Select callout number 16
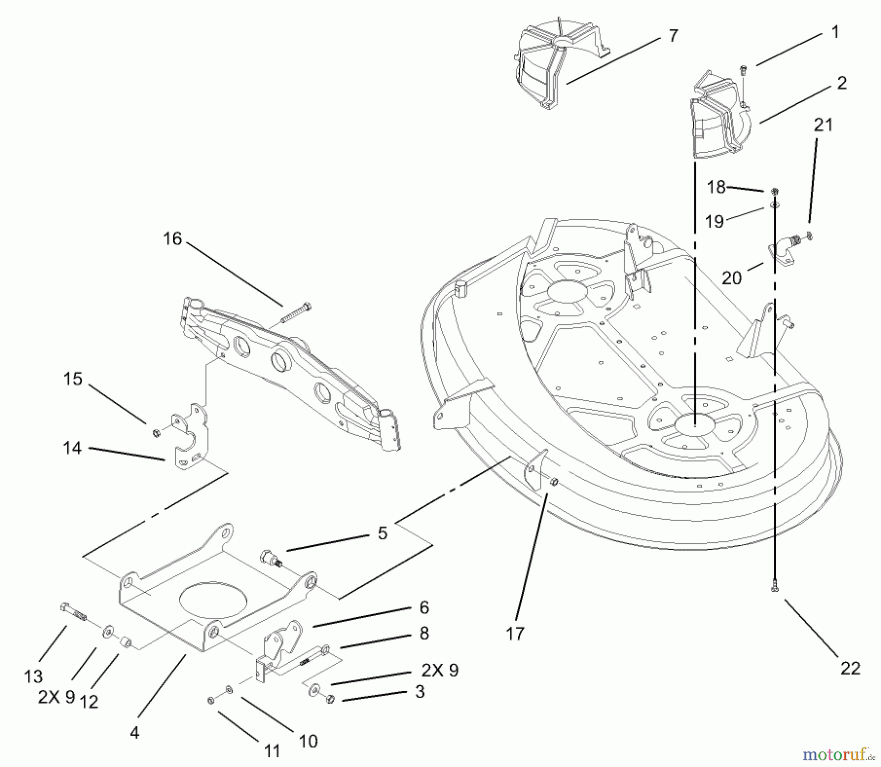tap(173, 239)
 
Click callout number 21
tap(823, 125)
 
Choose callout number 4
tap(135, 732)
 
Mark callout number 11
tap(272, 750)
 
